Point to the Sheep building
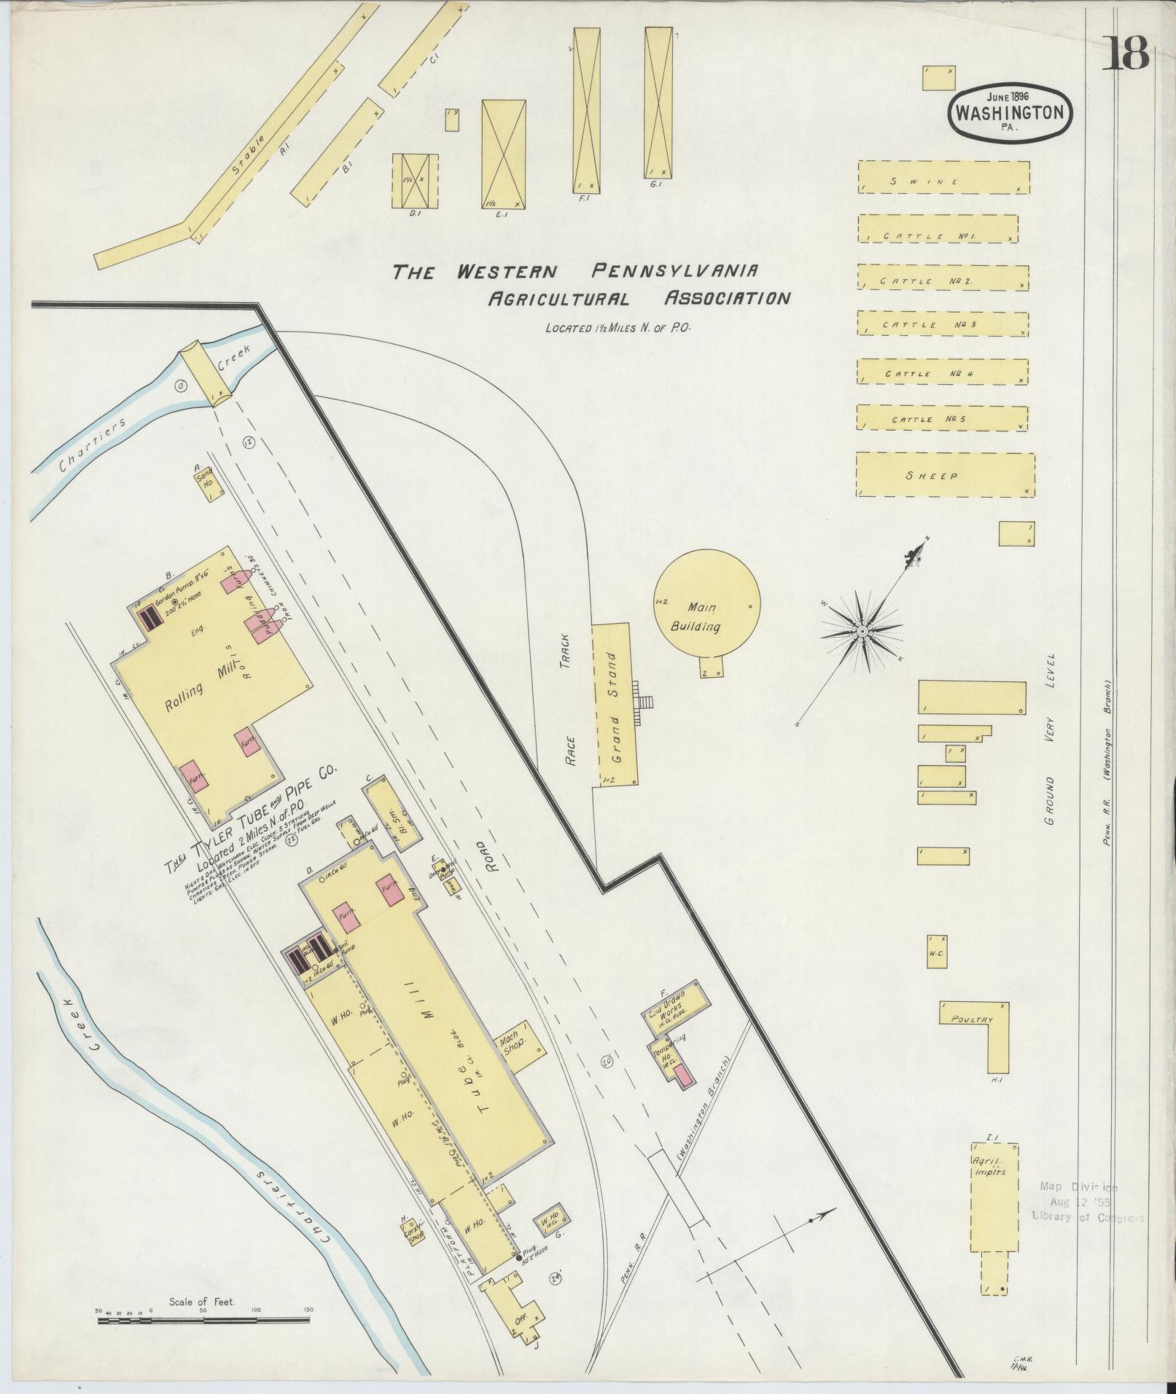[945, 474]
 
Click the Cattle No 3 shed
[943, 324]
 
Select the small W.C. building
[937, 952]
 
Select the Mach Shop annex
[520, 1045]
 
